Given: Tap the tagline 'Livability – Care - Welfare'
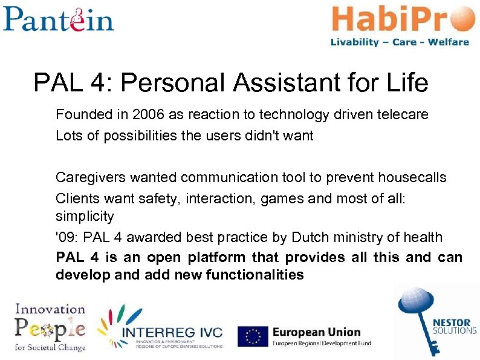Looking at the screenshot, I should (x=400, y=42).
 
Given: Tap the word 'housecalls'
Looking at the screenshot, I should (x=412, y=178).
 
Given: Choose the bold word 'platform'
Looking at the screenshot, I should (x=215, y=258).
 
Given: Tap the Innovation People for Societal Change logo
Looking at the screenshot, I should (x=50, y=327).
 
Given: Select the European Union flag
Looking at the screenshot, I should (x=253, y=336).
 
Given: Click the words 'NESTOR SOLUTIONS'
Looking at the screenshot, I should (x=454, y=326).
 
